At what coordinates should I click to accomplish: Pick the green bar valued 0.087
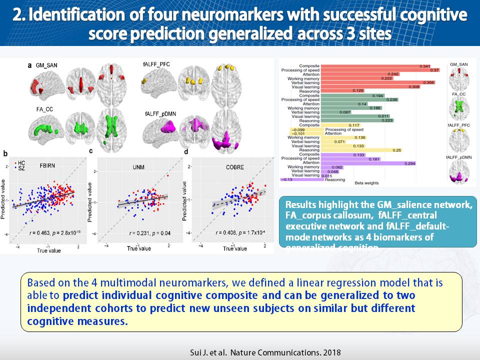coord(329,112)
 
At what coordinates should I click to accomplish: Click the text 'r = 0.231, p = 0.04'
coord(149,233)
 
